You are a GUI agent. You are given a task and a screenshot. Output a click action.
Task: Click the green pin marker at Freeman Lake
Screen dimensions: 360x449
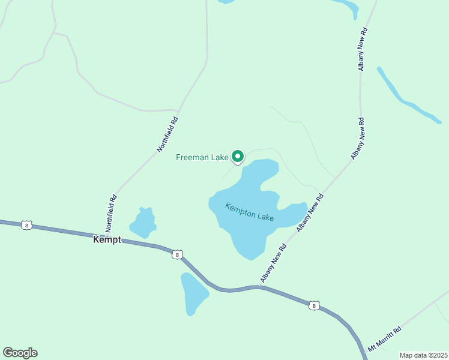237,156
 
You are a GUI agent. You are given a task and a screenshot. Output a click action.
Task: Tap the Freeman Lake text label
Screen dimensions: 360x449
202,158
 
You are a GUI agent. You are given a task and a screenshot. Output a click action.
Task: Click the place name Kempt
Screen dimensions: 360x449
107,239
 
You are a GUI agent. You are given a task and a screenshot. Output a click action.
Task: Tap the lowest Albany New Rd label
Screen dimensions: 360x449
271,263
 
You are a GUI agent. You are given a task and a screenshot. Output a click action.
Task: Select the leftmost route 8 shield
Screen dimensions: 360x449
26,225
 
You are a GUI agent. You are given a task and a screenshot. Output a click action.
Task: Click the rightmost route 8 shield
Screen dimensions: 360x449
314,306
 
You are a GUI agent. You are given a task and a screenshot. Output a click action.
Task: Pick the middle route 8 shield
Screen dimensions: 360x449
176,254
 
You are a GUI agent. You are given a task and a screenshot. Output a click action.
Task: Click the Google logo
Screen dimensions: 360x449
20,353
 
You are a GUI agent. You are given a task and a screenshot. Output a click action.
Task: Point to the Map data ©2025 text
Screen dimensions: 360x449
423,355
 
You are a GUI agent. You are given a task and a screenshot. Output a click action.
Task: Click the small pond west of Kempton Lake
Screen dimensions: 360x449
143,223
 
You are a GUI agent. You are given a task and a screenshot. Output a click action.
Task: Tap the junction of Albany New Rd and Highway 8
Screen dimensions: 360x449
259,286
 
